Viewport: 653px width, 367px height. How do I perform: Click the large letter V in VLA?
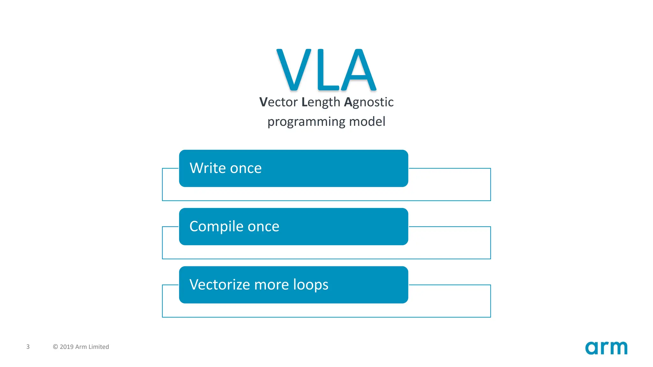click(293, 69)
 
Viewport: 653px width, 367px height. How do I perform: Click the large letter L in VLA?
click(327, 69)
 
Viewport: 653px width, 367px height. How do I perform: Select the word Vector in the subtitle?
click(278, 102)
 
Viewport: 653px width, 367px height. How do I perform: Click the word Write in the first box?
click(208, 168)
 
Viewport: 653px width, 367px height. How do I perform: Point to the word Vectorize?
click(219, 285)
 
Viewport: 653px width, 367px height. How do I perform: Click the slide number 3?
click(28, 347)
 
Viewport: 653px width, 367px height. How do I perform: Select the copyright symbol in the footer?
click(55, 347)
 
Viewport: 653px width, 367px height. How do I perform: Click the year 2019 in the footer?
click(67, 347)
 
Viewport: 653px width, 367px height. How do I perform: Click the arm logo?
click(606, 348)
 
